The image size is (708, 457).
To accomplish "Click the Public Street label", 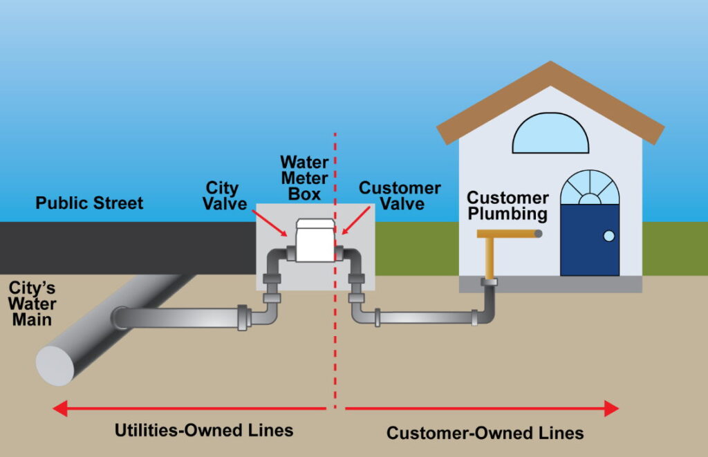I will (x=89, y=203).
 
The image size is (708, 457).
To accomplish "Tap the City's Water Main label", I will (x=32, y=304).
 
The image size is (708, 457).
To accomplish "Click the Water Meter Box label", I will (x=304, y=178).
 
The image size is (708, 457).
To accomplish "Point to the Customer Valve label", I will (x=399, y=196).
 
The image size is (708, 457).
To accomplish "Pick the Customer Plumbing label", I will (x=507, y=206).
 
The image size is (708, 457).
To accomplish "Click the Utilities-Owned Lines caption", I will (x=204, y=430).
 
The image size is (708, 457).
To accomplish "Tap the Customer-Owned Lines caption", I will (x=485, y=433).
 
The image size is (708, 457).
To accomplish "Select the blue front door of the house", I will (x=589, y=239).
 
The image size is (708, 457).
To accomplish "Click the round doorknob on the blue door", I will (x=608, y=236).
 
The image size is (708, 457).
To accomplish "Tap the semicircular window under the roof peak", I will (x=550, y=134).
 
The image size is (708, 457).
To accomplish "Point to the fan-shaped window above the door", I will (x=589, y=187).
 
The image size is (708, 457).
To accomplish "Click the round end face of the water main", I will (x=55, y=364).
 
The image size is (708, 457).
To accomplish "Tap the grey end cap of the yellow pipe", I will (x=538, y=234).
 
